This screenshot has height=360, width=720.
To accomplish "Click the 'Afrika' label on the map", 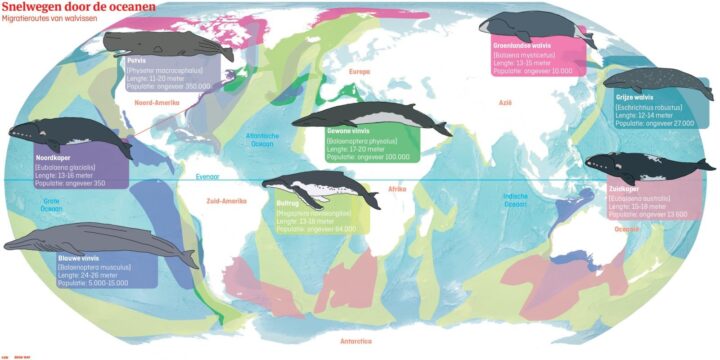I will pos(397,189).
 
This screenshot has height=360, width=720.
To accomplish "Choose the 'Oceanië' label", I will pos(627,228).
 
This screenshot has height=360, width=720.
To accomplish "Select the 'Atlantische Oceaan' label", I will pos(260,139).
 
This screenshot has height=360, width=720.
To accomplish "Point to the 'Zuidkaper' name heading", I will pos(624,188).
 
